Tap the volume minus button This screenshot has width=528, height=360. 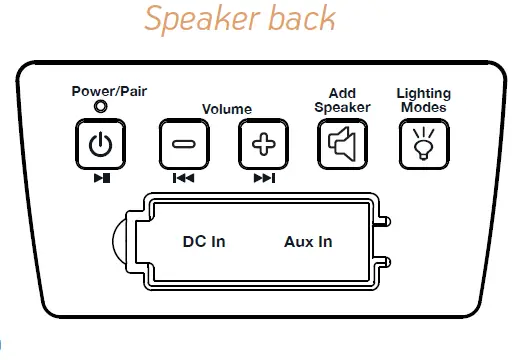coord(184,146)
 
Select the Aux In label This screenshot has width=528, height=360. coord(309,241)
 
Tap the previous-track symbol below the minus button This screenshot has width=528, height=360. coord(184,179)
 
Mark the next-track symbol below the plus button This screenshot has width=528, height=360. coord(264,179)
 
